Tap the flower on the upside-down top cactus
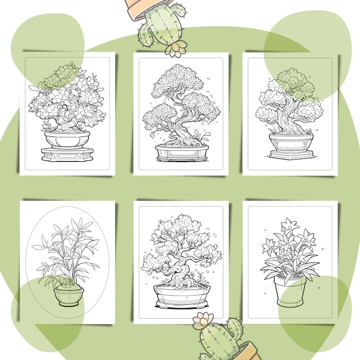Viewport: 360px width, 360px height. point(176,48)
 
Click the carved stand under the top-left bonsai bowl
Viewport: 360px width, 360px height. point(67,154)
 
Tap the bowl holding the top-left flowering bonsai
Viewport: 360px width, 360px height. point(67,139)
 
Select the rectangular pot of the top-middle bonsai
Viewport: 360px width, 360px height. point(182,152)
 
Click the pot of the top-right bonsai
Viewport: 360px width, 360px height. point(291,142)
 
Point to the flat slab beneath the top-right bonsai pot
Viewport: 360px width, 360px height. point(292,155)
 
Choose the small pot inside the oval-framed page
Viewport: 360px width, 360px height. point(68,296)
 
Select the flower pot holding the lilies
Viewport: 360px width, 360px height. point(290,291)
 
